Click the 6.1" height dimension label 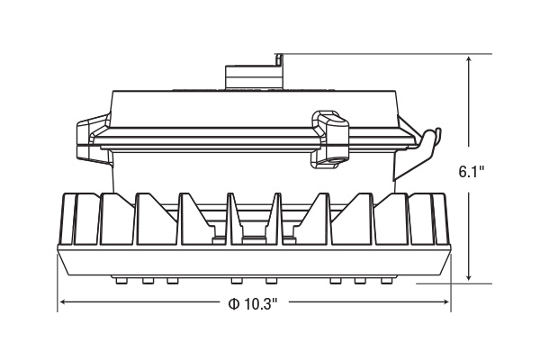click(472, 172)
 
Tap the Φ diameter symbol click(234, 304)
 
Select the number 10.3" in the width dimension click(261, 304)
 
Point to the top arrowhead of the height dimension click(469, 60)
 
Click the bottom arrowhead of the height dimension click(469, 276)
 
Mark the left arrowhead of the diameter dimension click(64, 301)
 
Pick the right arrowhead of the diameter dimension click(445, 301)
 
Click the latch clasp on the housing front click(330, 139)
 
